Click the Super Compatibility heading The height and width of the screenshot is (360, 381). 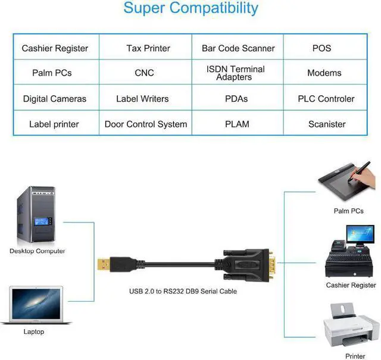tap(190, 8)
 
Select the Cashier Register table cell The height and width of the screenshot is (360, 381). tap(55, 48)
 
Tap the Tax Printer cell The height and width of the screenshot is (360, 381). tap(148, 48)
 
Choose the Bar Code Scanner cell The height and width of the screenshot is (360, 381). tap(238, 48)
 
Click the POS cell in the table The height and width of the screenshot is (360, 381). tap(321, 48)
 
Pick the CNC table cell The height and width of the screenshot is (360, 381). tap(144, 73)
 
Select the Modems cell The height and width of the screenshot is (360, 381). tap(324, 73)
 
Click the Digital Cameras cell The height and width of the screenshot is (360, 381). tap(55, 99)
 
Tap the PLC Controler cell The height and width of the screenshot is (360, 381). tap(326, 99)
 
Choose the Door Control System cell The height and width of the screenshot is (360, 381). tap(146, 124)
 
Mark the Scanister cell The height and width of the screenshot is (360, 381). tap(327, 124)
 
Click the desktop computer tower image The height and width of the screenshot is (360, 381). tap(35, 215)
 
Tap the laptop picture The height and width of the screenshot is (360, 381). tap(36, 305)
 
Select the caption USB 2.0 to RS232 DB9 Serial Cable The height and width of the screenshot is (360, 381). tap(183, 292)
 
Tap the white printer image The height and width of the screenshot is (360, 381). tap(351, 327)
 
